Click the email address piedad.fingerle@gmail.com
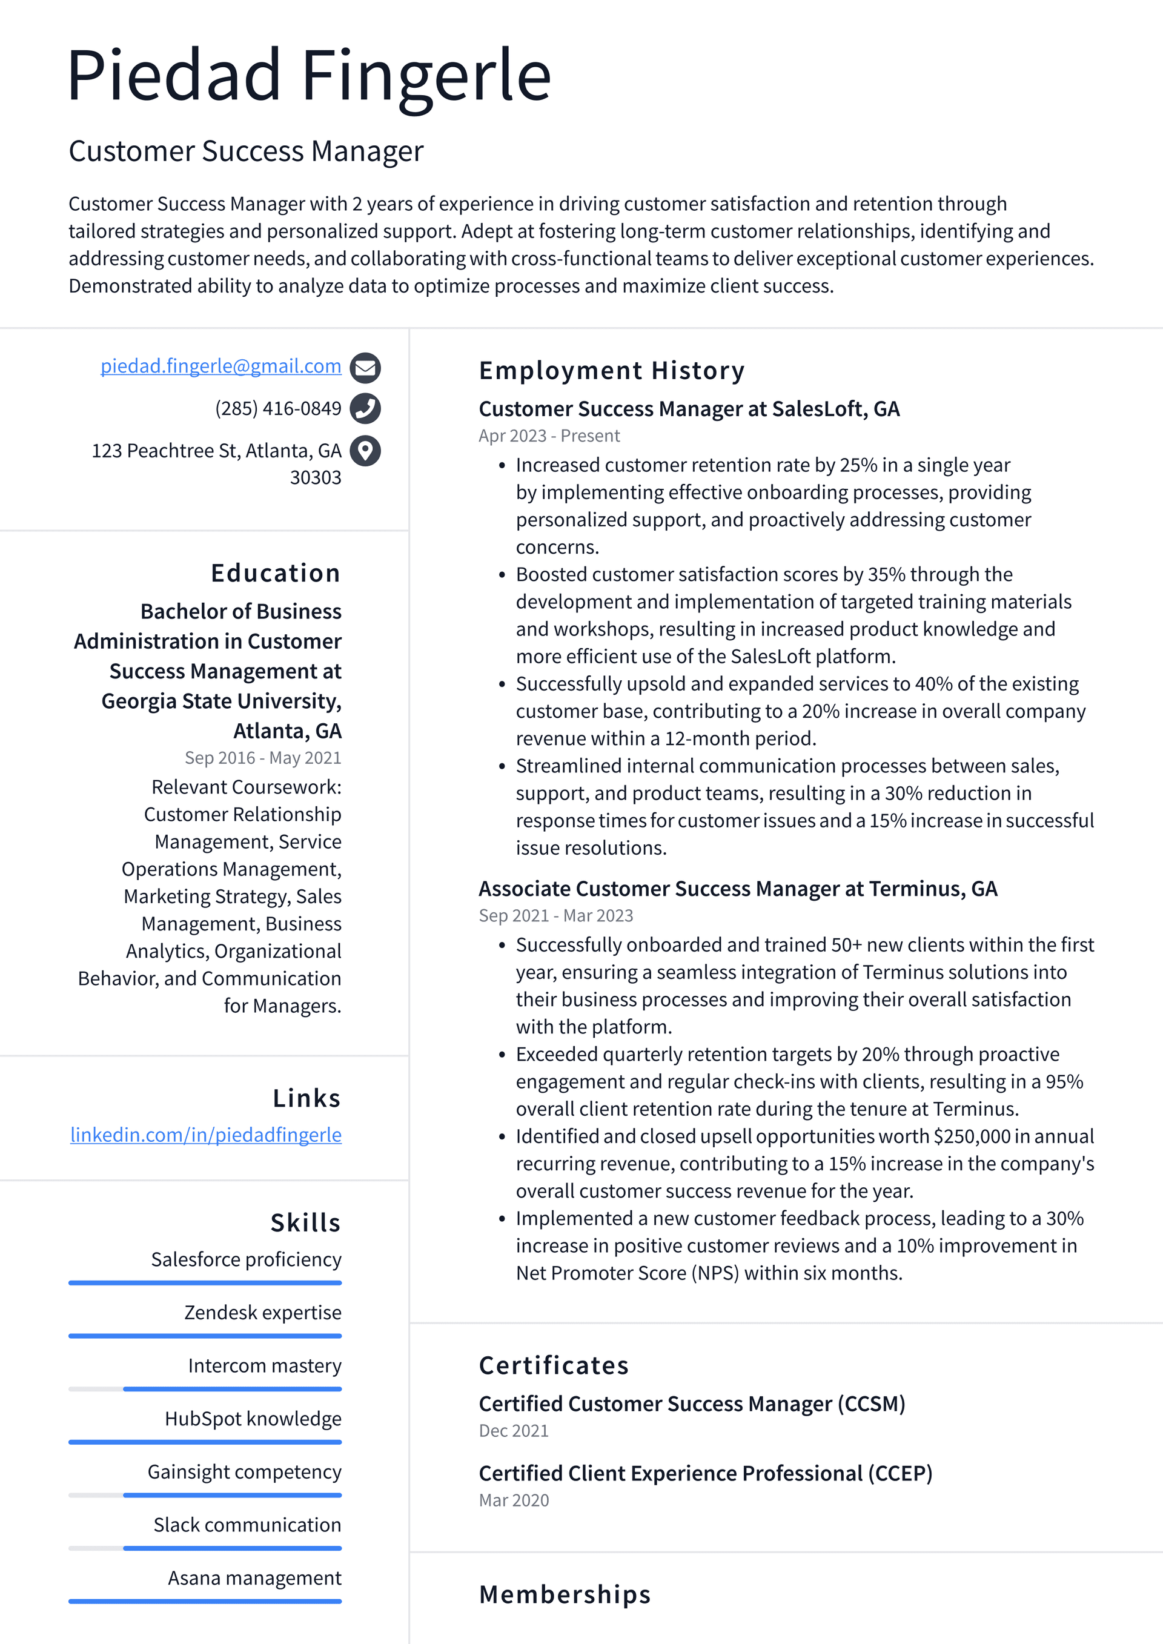pos(220,366)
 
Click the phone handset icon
pos(365,408)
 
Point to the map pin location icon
pos(365,451)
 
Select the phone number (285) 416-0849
pos(278,408)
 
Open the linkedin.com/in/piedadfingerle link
pos(205,1135)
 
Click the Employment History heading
pos(612,370)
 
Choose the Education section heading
pos(276,573)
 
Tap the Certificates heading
pos(554,1365)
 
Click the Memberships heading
pos(565,1594)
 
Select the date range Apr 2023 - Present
pos(549,436)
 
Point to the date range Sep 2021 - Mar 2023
pos(555,915)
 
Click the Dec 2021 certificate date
pos(514,1431)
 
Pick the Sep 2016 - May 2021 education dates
pos(263,758)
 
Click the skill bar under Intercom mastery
pos(205,1389)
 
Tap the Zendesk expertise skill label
pos(263,1313)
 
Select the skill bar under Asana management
pos(205,1601)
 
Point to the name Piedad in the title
pos(173,75)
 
